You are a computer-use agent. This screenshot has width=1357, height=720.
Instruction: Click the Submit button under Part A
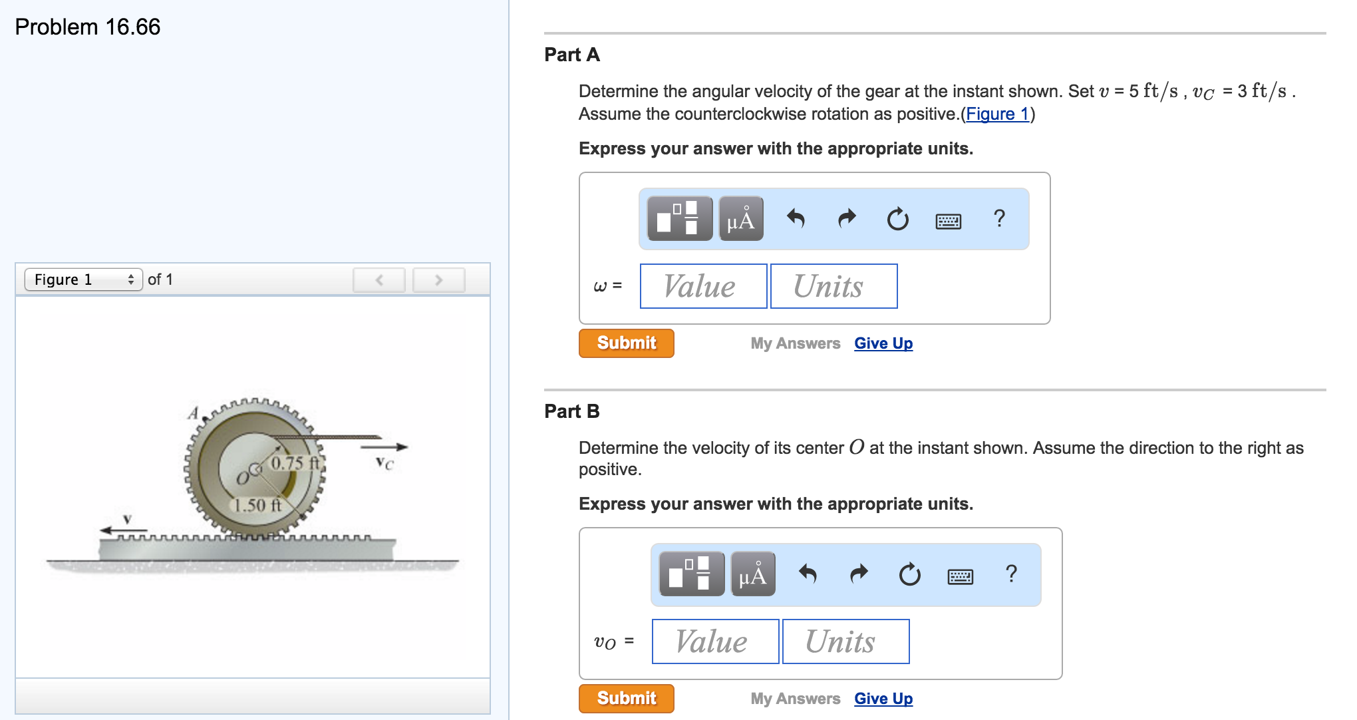click(626, 343)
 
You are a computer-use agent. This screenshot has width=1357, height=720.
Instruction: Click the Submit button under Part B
click(626, 699)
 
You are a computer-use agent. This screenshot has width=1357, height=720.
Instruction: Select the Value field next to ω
click(703, 286)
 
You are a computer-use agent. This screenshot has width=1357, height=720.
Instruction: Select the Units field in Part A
click(833, 286)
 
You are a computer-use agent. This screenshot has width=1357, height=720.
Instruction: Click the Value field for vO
click(715, 641)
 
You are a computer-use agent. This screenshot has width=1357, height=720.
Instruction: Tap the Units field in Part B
click(845, 641)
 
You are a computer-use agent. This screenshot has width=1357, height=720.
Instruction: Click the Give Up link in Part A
click(883, 343)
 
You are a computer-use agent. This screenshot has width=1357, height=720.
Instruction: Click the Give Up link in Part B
click(883, 699)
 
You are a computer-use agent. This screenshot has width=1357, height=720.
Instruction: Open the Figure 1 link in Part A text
click(997, 114)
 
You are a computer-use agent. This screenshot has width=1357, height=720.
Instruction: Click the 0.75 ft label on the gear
click(295, 463)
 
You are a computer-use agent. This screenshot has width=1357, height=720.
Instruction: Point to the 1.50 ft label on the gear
click(257, 505)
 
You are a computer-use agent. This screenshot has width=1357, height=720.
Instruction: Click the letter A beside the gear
click(194, 413)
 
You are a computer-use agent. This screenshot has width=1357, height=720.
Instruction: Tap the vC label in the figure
click(384, 463)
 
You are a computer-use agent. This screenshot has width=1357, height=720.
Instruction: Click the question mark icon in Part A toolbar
click(999, 218)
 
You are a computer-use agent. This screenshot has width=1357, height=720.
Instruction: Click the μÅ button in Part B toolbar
click(752, 574)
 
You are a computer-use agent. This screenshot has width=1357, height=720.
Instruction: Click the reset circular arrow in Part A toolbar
click(897, 218)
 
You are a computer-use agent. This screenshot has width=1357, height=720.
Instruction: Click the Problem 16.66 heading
click(88, 27)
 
